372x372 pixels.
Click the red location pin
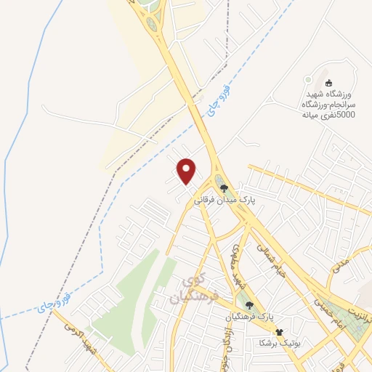pyautogui.click(x=187, y=170)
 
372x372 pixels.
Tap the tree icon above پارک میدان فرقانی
pyautogui.click(x=223, y=187)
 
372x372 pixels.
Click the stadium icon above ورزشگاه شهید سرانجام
pyautogui.click(x=328, y=82)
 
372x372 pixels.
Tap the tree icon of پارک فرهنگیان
pyautogui.click(x=250, y=306)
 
